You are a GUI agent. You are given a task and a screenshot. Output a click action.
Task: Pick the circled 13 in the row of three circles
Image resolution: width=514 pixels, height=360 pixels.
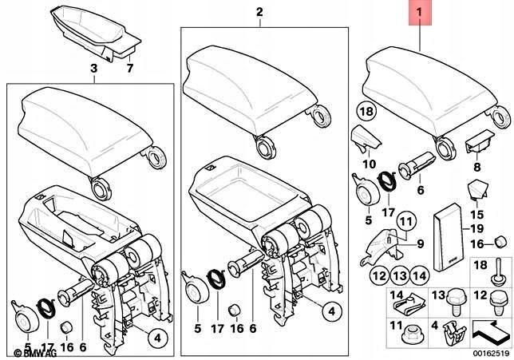[x=398, y=276]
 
